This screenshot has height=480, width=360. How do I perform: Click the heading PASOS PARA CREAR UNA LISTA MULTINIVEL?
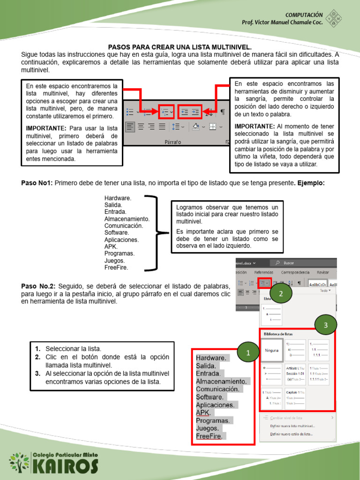[x=180, y=47]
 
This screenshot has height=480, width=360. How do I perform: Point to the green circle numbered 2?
[x=280, y=294]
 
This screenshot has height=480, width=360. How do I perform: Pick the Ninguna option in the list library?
[x=272, y=350]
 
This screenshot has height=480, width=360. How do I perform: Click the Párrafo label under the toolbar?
[x=173, y=142]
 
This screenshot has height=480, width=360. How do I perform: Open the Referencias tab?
[x=263, y=272]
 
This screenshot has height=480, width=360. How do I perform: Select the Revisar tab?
[x=322, y=272]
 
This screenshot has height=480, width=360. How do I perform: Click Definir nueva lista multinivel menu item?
[x=292, y=426]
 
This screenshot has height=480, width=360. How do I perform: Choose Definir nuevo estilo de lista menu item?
[x=291, y=435]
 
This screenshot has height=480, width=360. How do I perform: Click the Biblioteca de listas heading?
[x=278, y=334]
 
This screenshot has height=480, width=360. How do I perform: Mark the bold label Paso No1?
[x=37, y=183]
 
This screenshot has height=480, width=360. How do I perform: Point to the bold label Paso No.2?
[x=39, y=286]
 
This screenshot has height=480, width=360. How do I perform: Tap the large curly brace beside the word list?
[x=157, y=233]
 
